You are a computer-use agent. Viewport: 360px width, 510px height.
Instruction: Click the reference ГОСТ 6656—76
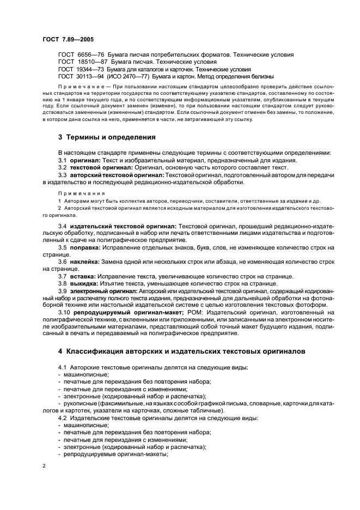(76, 55)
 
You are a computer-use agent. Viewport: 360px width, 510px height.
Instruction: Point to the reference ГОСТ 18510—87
(76, 62)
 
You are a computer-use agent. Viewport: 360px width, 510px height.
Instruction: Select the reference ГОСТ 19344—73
(76, 70)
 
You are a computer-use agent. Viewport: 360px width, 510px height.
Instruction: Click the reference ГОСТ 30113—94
(76, 77)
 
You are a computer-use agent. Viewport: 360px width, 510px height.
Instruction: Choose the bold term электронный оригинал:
(103, 291)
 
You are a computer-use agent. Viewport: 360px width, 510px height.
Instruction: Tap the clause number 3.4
(63, 226)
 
